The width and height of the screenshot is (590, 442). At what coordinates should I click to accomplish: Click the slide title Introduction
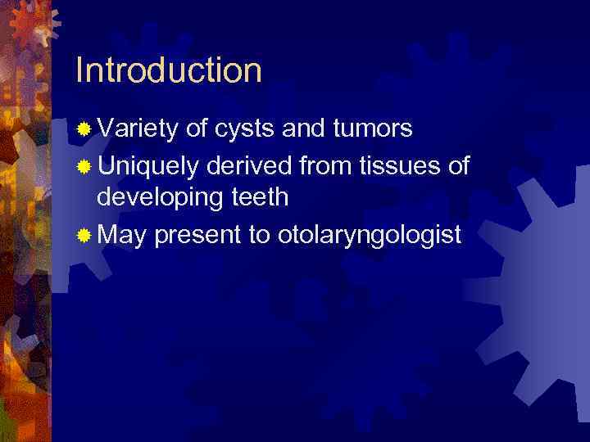(168, 70)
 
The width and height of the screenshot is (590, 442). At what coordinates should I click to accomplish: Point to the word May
(121, 237)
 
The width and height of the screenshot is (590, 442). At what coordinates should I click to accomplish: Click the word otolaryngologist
(370, 237)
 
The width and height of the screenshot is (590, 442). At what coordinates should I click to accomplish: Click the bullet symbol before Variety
(84, 129)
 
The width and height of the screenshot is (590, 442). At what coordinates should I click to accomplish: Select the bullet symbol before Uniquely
(84, 167)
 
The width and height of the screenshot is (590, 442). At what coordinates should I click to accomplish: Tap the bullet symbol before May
(84, 237)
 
